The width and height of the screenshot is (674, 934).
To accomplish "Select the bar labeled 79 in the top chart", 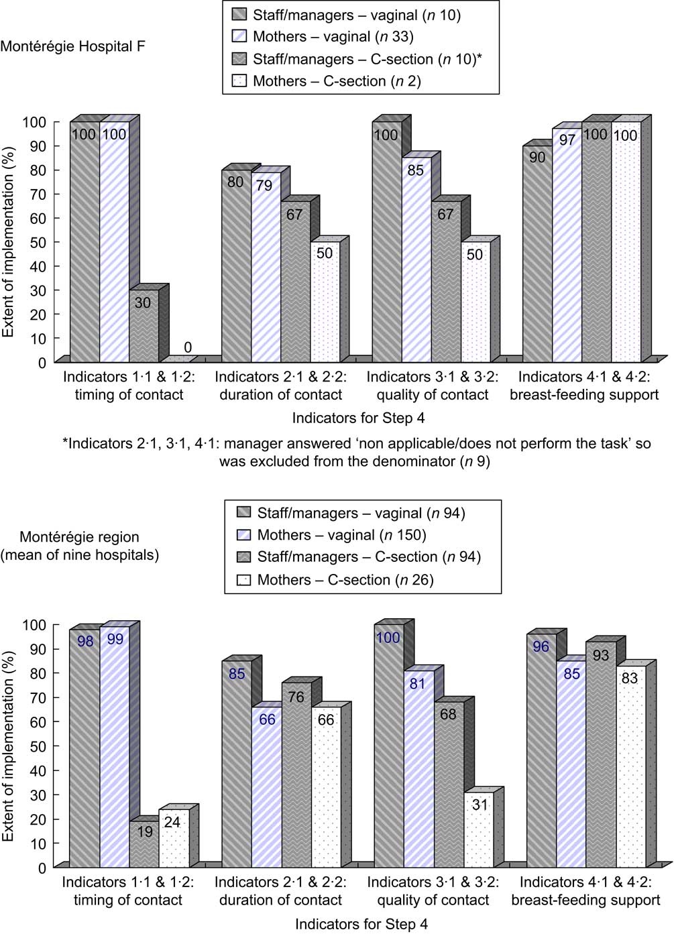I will coord(266,268).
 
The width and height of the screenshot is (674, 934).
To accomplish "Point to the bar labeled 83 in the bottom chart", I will coord(630,764).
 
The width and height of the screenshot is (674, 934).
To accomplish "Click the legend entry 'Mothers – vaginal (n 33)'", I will coord(333,37).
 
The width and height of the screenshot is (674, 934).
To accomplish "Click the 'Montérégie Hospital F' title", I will coord(72,46).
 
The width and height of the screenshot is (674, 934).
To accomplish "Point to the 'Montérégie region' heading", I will coord(79,537).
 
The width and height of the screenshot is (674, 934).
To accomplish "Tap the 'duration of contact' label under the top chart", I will coord(280,395).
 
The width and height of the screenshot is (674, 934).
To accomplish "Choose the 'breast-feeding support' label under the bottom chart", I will coord(585,900).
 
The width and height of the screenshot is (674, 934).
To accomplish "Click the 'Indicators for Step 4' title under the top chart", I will coord(358,418).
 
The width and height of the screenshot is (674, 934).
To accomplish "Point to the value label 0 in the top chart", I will coord(188,347).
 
